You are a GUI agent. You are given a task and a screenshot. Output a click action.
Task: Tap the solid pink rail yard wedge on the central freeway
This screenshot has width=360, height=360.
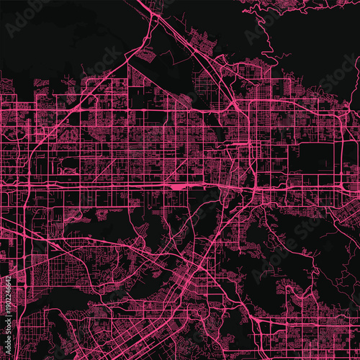click(177, 186)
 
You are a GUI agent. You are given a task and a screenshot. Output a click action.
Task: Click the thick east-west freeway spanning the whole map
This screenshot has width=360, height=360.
click(108, 185)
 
